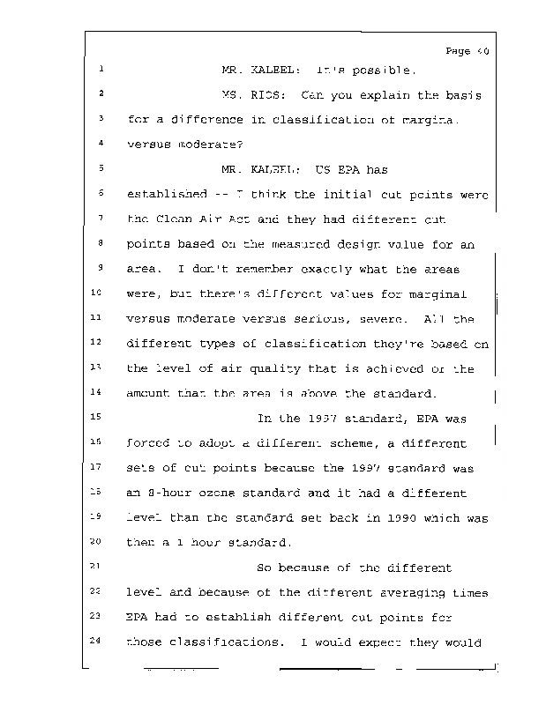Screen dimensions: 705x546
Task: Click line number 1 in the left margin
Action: (x=101, y=70)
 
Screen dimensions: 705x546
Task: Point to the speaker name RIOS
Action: (x=266, y=94)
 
